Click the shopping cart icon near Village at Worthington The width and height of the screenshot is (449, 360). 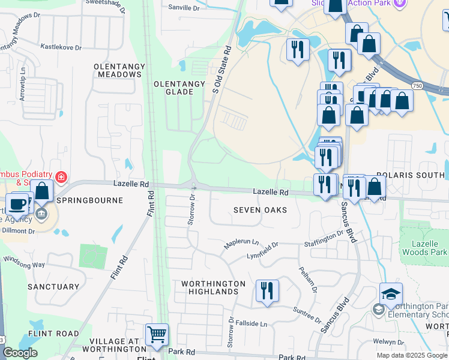[x=157, y=334]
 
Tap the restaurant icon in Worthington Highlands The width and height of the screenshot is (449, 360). [x=267, y=290]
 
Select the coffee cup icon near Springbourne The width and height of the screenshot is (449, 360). [x=17, y=203]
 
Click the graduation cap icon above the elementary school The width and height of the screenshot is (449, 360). [x=391, y=293]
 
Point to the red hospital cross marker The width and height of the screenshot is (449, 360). [x=61, y=177]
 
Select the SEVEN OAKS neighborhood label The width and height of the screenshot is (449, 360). [x=259, y=210]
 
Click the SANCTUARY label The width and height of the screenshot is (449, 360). [x=53, y=287]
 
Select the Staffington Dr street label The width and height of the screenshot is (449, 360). [x=323, y=239]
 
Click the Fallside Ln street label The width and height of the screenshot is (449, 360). [x=250, y=323]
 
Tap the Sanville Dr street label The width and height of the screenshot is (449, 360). [x=184, y=8]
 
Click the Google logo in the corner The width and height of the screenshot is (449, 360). [x=20, y=352]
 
